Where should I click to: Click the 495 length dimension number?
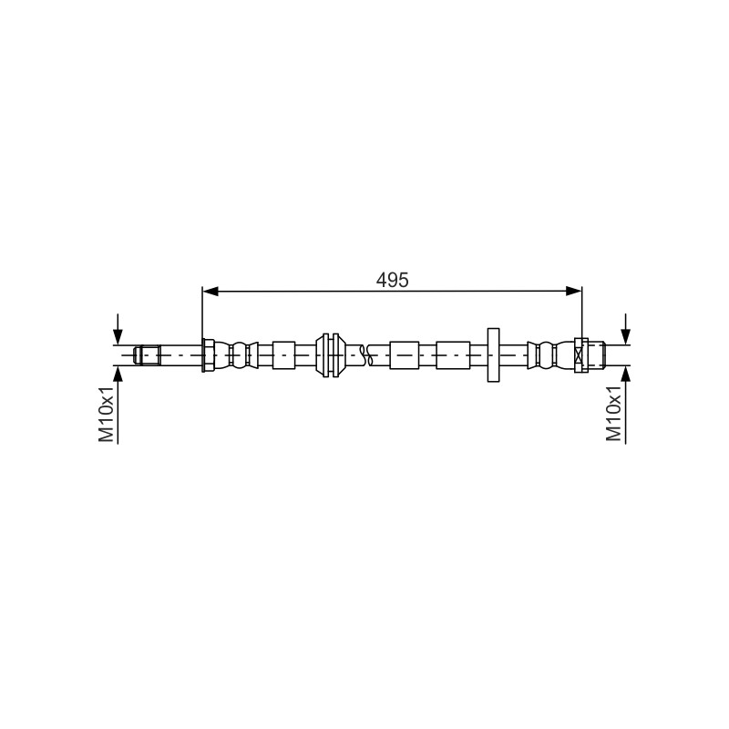(x=392, y=280)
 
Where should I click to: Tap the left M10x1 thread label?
(x=107, y=414)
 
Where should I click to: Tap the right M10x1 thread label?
(x=613, y=414)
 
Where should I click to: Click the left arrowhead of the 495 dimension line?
(x=210, y=292)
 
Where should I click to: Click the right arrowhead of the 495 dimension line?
(x=574, y=292)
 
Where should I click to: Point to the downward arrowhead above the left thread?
(x=118, y=336)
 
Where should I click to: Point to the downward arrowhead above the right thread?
(x=626, y=336)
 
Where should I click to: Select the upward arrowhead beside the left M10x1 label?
(x=118, y=374)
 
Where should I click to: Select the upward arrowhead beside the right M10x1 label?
(x=626, y=374)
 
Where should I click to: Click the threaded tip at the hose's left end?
(x=148, y=355)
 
